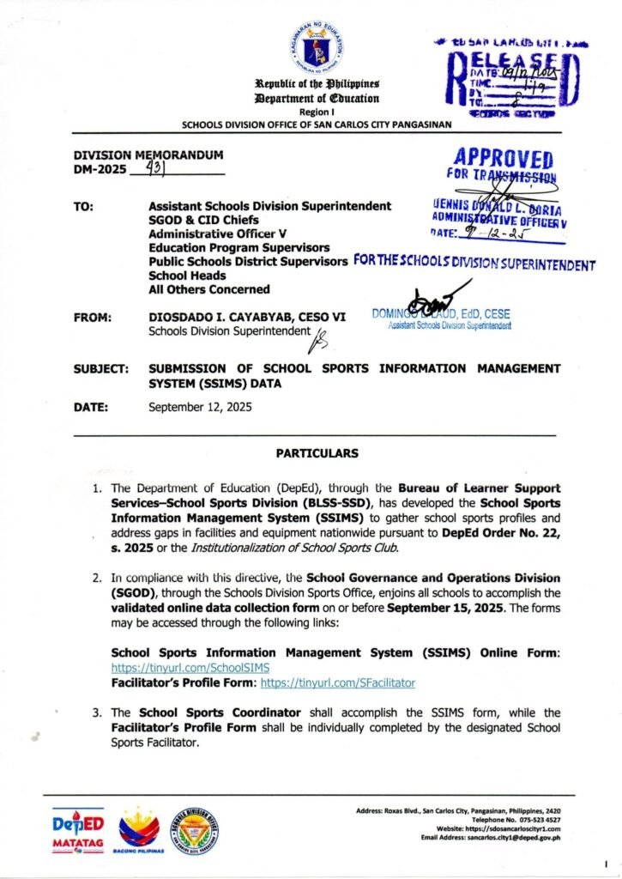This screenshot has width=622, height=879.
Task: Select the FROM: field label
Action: [91, 318]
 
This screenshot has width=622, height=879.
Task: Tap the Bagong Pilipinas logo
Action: [138, 831]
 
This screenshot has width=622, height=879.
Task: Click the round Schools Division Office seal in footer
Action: [194, 830]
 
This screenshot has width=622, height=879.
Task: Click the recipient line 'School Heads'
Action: [187, 275]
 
